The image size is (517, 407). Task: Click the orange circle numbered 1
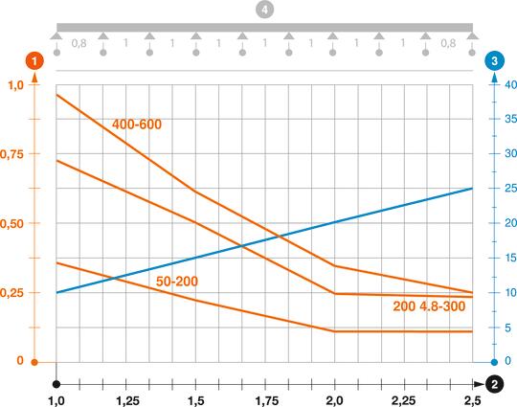click(x=35, y=60)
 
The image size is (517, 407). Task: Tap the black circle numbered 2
click(x=495, y=384)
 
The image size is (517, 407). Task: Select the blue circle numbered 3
click(x=493, y=60)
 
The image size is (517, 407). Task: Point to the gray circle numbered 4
click(x=264, y=9)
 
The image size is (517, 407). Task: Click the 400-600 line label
click(x=138, y=125)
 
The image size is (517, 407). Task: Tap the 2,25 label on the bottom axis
click(x=404, y=397)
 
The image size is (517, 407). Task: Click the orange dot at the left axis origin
click(x=34, y=362)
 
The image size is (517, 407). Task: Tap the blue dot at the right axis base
click(x=494, y=362)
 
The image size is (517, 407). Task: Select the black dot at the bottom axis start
click(x=56, y=383)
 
